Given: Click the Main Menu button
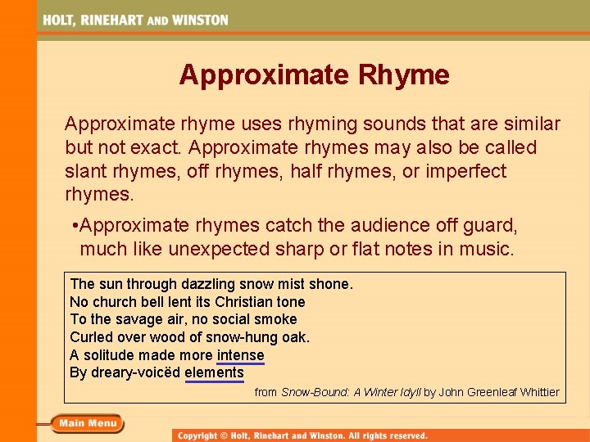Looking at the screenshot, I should click(88, 423).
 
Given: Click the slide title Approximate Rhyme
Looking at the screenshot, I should click(314, 75).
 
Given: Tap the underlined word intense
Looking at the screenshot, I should click(240, 355).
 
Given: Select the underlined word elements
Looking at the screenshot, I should click(214, 373).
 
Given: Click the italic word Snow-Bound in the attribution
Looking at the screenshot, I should click(315, 392).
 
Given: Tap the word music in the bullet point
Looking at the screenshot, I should click(487, 249).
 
